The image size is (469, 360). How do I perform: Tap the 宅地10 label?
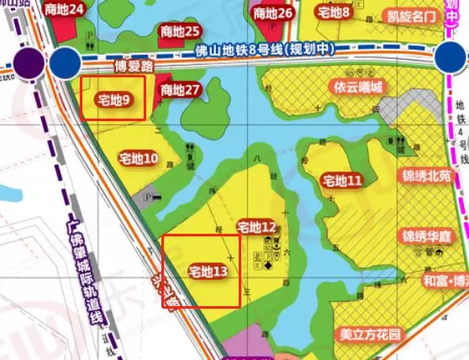pos(139,158)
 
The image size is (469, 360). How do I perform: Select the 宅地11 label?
pos(342,181)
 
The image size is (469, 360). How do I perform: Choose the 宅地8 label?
pos(334,12)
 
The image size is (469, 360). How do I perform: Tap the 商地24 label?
pos(66,10)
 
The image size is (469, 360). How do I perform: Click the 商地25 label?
pos(179,31)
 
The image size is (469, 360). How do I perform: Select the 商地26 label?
pos(272,13)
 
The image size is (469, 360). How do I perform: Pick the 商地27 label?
pos(180,90)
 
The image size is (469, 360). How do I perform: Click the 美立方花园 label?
pos(371,334)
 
